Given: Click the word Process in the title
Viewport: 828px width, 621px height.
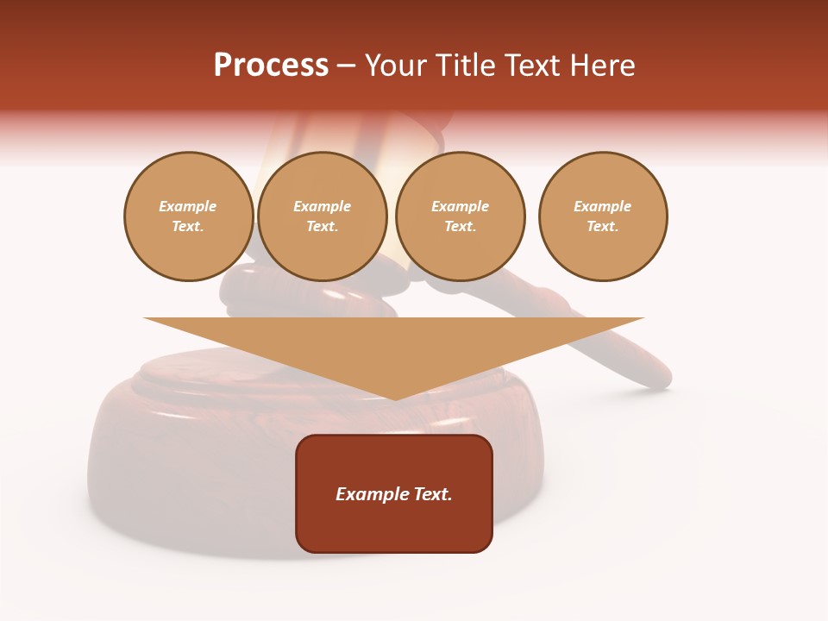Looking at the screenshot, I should click(x=271, y=66).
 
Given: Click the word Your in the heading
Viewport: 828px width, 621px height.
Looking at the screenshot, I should click(x=398, y=66).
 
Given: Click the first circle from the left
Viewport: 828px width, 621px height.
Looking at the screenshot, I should click(x=188, y=216).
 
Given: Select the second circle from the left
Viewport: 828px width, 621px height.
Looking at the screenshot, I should click(x=323, y=216).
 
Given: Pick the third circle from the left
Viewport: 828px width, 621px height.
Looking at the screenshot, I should click(x=460, y=216).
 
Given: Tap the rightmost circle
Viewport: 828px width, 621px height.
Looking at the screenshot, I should click(x=602, y=216).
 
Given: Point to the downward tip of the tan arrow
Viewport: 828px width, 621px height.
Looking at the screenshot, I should click(x=395, y=398).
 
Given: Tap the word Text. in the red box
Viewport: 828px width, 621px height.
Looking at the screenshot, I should click(x=431, y=494).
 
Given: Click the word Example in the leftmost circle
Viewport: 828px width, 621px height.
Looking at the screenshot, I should click(x=188, y=207).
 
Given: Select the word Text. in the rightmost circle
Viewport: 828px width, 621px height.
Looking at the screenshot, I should click(x=602, y=227).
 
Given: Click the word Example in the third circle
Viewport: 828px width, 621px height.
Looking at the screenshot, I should click(x=460, y=207).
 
